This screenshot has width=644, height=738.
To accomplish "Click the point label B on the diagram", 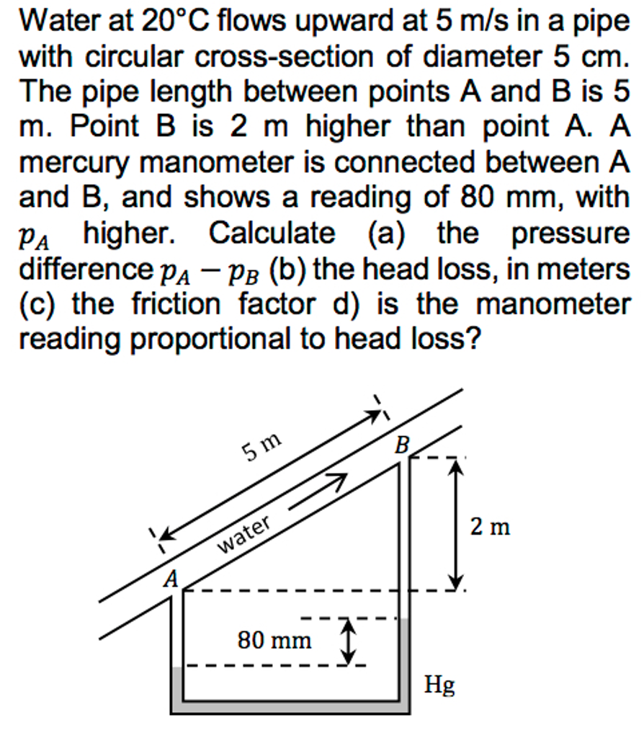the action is [401, 446].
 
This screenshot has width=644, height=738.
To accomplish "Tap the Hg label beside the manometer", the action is [439, 685].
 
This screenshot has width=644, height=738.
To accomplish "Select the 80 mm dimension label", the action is [274, 639].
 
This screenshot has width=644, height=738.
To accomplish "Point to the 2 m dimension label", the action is [491, 528].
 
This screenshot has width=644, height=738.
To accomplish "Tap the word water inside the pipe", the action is [245, 534].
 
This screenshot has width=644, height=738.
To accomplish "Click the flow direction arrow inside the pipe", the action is [318, 490].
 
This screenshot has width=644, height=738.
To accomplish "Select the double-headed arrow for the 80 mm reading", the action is [348, 642].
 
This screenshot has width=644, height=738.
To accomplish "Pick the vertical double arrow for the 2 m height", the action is [455, 525].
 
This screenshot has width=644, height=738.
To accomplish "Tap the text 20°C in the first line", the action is [175, 23].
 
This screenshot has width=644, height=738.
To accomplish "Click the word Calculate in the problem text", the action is [272, 233].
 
